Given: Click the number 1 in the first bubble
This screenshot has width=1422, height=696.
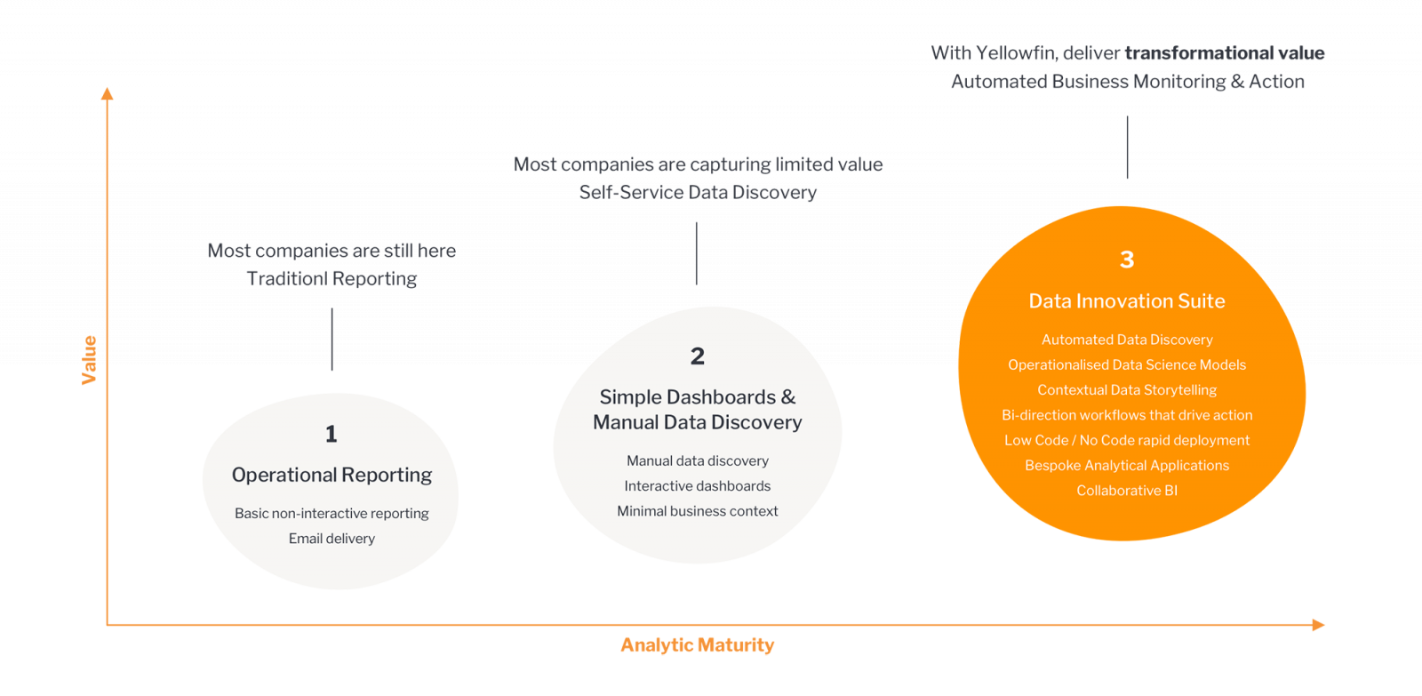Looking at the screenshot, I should coord(332,434).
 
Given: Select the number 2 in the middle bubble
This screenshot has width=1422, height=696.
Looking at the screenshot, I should coord(698,356).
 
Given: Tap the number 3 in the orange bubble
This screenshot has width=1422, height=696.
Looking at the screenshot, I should coord(1127,260).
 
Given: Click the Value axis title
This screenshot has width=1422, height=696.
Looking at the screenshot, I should coord(90,359).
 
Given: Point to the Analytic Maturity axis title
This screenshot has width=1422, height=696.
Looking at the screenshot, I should coord(697,645).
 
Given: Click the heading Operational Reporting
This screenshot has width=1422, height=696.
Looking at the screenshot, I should coord(332,475).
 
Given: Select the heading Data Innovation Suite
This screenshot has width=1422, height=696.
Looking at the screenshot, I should coord(1127,301).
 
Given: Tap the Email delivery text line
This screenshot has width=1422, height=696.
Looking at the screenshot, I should coord(332,539).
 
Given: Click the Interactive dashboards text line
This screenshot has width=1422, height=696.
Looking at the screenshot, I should coord(698,486).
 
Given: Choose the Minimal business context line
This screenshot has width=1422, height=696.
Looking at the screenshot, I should coord(698,511).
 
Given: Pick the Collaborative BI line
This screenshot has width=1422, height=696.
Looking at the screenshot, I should coord(1127,491).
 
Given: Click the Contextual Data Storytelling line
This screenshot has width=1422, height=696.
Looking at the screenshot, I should coord(1127,390).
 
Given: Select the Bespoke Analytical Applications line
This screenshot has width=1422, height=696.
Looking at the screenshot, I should coord(1127,466).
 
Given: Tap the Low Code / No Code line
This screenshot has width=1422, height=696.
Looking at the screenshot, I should coord(1127,441).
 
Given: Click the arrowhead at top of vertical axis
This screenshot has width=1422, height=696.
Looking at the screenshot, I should coord(108,92).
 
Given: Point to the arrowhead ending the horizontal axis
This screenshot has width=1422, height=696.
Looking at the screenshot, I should coord(1319,625).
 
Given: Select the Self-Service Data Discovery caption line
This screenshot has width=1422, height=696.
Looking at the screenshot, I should coord(698,192).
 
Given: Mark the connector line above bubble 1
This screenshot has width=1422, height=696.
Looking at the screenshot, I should coord(332,340).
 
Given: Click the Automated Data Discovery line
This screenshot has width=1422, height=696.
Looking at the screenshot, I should coord(1127,340).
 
